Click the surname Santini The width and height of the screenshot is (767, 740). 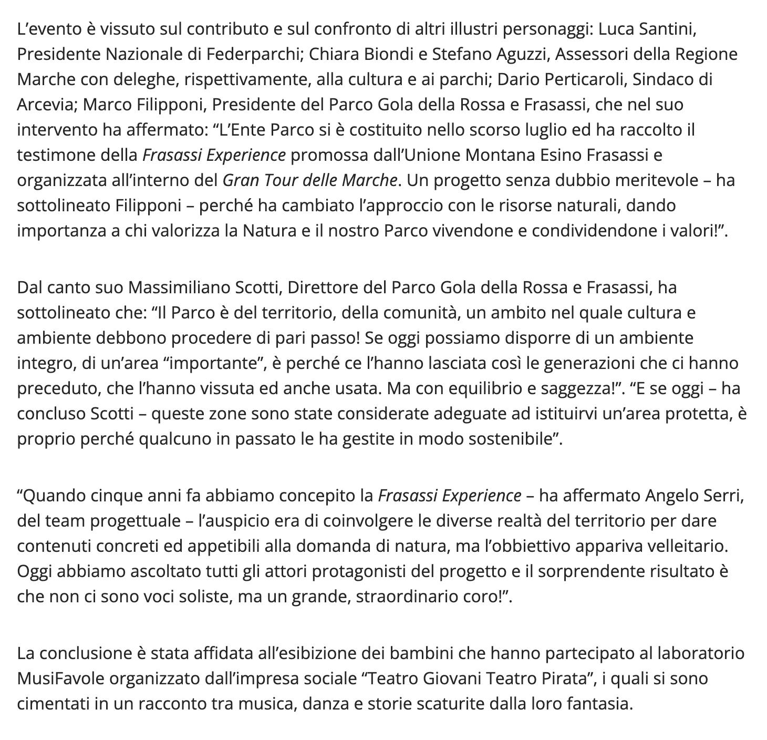coord(667,29)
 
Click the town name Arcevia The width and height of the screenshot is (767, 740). coord(46,105)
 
